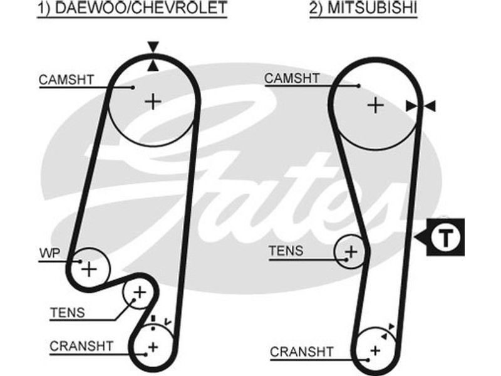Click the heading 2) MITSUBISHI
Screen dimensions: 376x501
tap(363, 9)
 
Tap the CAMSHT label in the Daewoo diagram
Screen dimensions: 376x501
tap(66, 80)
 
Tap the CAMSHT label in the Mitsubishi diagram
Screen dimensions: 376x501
tap(292, 78)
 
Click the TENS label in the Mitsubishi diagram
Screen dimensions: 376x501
tap(286, 251)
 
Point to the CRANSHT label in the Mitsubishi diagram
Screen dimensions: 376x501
tap(300, 352)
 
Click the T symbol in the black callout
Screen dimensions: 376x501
tap(445, 237)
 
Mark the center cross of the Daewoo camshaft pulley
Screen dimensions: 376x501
tap(152, 101)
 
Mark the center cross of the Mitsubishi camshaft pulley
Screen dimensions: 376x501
tap(374, 105)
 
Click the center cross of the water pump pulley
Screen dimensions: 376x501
tap(90, 269)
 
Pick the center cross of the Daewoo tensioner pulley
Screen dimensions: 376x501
tap(139, 292)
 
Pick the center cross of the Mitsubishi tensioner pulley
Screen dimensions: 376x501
tap(351, 252)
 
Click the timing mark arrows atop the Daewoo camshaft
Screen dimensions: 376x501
tap(153, 56)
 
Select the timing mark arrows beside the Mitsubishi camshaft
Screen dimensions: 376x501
tap(421, 107)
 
